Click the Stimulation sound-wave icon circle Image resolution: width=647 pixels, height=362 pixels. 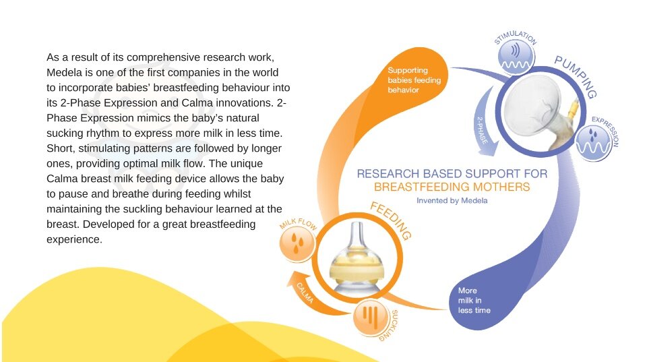516,57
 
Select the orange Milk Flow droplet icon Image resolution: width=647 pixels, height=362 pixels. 297,243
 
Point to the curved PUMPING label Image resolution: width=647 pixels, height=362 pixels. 576,77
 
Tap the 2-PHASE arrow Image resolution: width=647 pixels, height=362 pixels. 486,123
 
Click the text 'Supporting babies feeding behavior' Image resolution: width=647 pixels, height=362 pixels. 414,80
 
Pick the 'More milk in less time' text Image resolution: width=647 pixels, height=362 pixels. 474,301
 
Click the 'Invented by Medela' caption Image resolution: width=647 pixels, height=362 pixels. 452,201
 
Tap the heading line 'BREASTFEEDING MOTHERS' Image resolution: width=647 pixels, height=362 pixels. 452,187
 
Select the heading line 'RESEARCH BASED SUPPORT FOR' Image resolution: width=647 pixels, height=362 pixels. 452,174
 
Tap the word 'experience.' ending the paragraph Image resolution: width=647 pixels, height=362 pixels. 74,240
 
